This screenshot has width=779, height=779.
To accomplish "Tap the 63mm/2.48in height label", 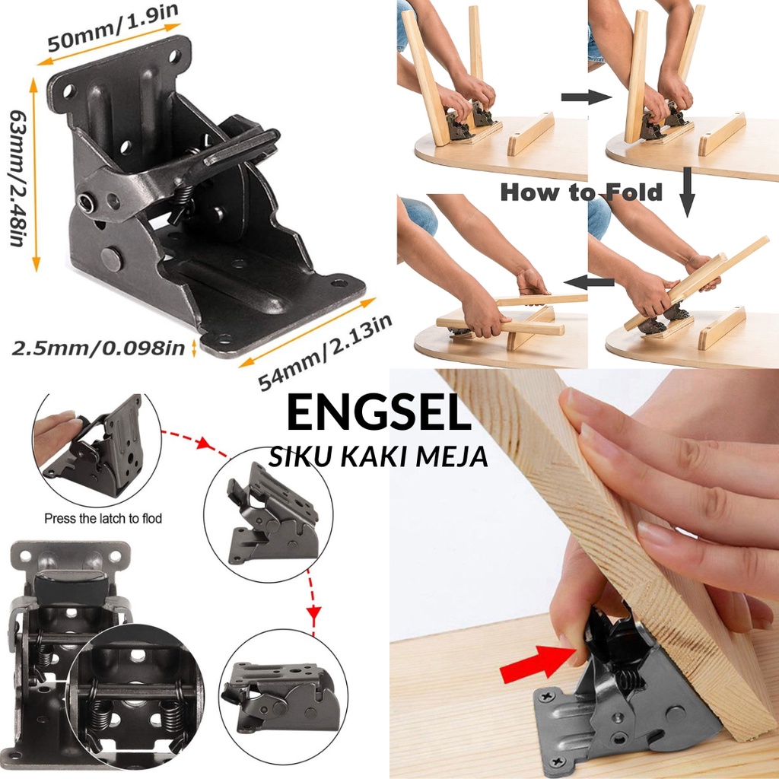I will coord(17,176).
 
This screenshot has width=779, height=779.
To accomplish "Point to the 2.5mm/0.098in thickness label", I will coord(99,348).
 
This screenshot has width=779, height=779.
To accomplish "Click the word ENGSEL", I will coord(379,414).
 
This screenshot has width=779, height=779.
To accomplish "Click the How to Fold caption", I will coord(581,192).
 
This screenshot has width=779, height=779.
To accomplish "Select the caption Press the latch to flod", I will coord(103,518).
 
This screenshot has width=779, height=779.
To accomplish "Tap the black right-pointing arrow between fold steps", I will coord(587,97).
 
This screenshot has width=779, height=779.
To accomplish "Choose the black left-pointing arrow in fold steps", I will coord(593,282).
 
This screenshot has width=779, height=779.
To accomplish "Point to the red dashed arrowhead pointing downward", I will coord(313,612).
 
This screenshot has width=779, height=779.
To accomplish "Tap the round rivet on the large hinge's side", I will coord(112,258).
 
